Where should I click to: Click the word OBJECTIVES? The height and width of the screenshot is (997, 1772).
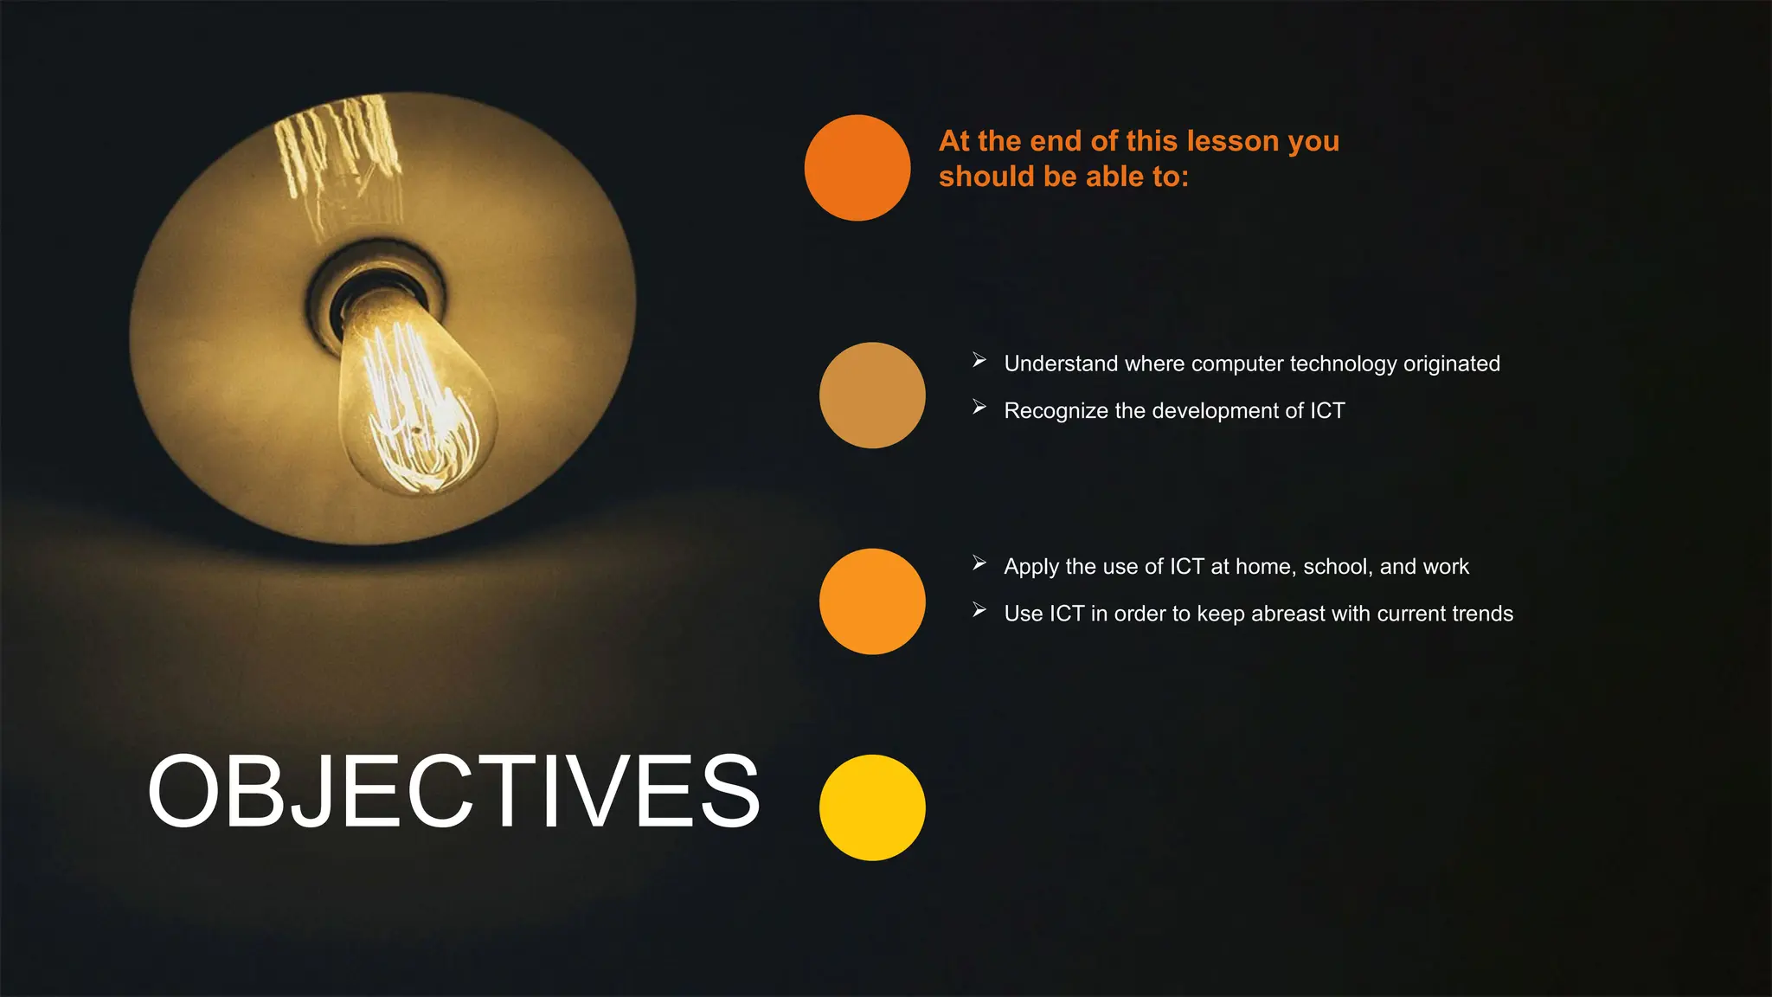(453, 791)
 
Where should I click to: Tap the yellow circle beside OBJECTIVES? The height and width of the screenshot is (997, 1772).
(872, 807)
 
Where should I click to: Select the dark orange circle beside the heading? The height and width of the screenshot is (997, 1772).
(857, 168)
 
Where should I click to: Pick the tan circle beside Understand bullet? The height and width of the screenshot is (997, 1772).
(872, 396)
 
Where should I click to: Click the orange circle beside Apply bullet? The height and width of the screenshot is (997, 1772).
(872, 601)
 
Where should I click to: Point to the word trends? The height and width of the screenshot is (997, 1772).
(1482, 614)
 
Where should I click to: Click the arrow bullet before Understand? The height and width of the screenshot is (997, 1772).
(979, 360)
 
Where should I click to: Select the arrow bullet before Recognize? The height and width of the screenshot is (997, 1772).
(979, 407)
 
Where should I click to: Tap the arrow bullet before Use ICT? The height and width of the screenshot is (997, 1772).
(979, 610)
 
